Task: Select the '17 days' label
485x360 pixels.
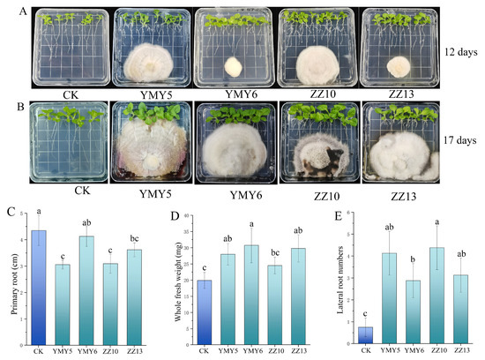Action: pyautogui.click(x=461, y=139)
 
